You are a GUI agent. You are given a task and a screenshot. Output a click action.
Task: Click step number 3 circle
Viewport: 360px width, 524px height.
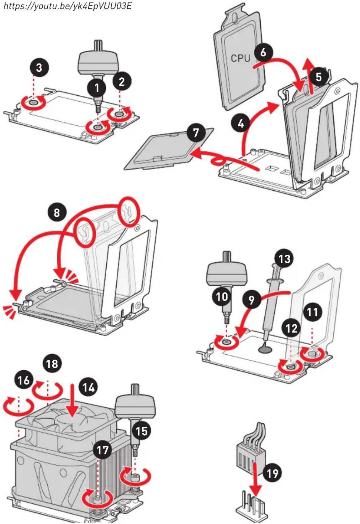pyautogui.click(x=39, y=68)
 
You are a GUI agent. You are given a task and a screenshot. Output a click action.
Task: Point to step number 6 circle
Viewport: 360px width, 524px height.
pyautogui.click(x=263, y=52)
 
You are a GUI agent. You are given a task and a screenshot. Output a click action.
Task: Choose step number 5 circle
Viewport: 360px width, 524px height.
pyautogui.click(x=319, y=77)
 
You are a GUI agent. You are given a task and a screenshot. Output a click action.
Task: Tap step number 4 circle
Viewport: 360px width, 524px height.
pyautogui.click(x=241, y=123)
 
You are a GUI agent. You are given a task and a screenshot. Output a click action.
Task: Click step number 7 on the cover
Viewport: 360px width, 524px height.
pyautogui.click(x=196, y=132)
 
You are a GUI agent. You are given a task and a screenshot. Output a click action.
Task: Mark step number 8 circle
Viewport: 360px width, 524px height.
pyautogui.click(x=57, y=213)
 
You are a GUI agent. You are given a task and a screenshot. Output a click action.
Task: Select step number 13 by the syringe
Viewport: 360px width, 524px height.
pyautogui.click(x=284, y=259)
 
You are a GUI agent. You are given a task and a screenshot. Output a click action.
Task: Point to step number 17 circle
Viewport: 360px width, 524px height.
pyautogui.click(x=103, y=450)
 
